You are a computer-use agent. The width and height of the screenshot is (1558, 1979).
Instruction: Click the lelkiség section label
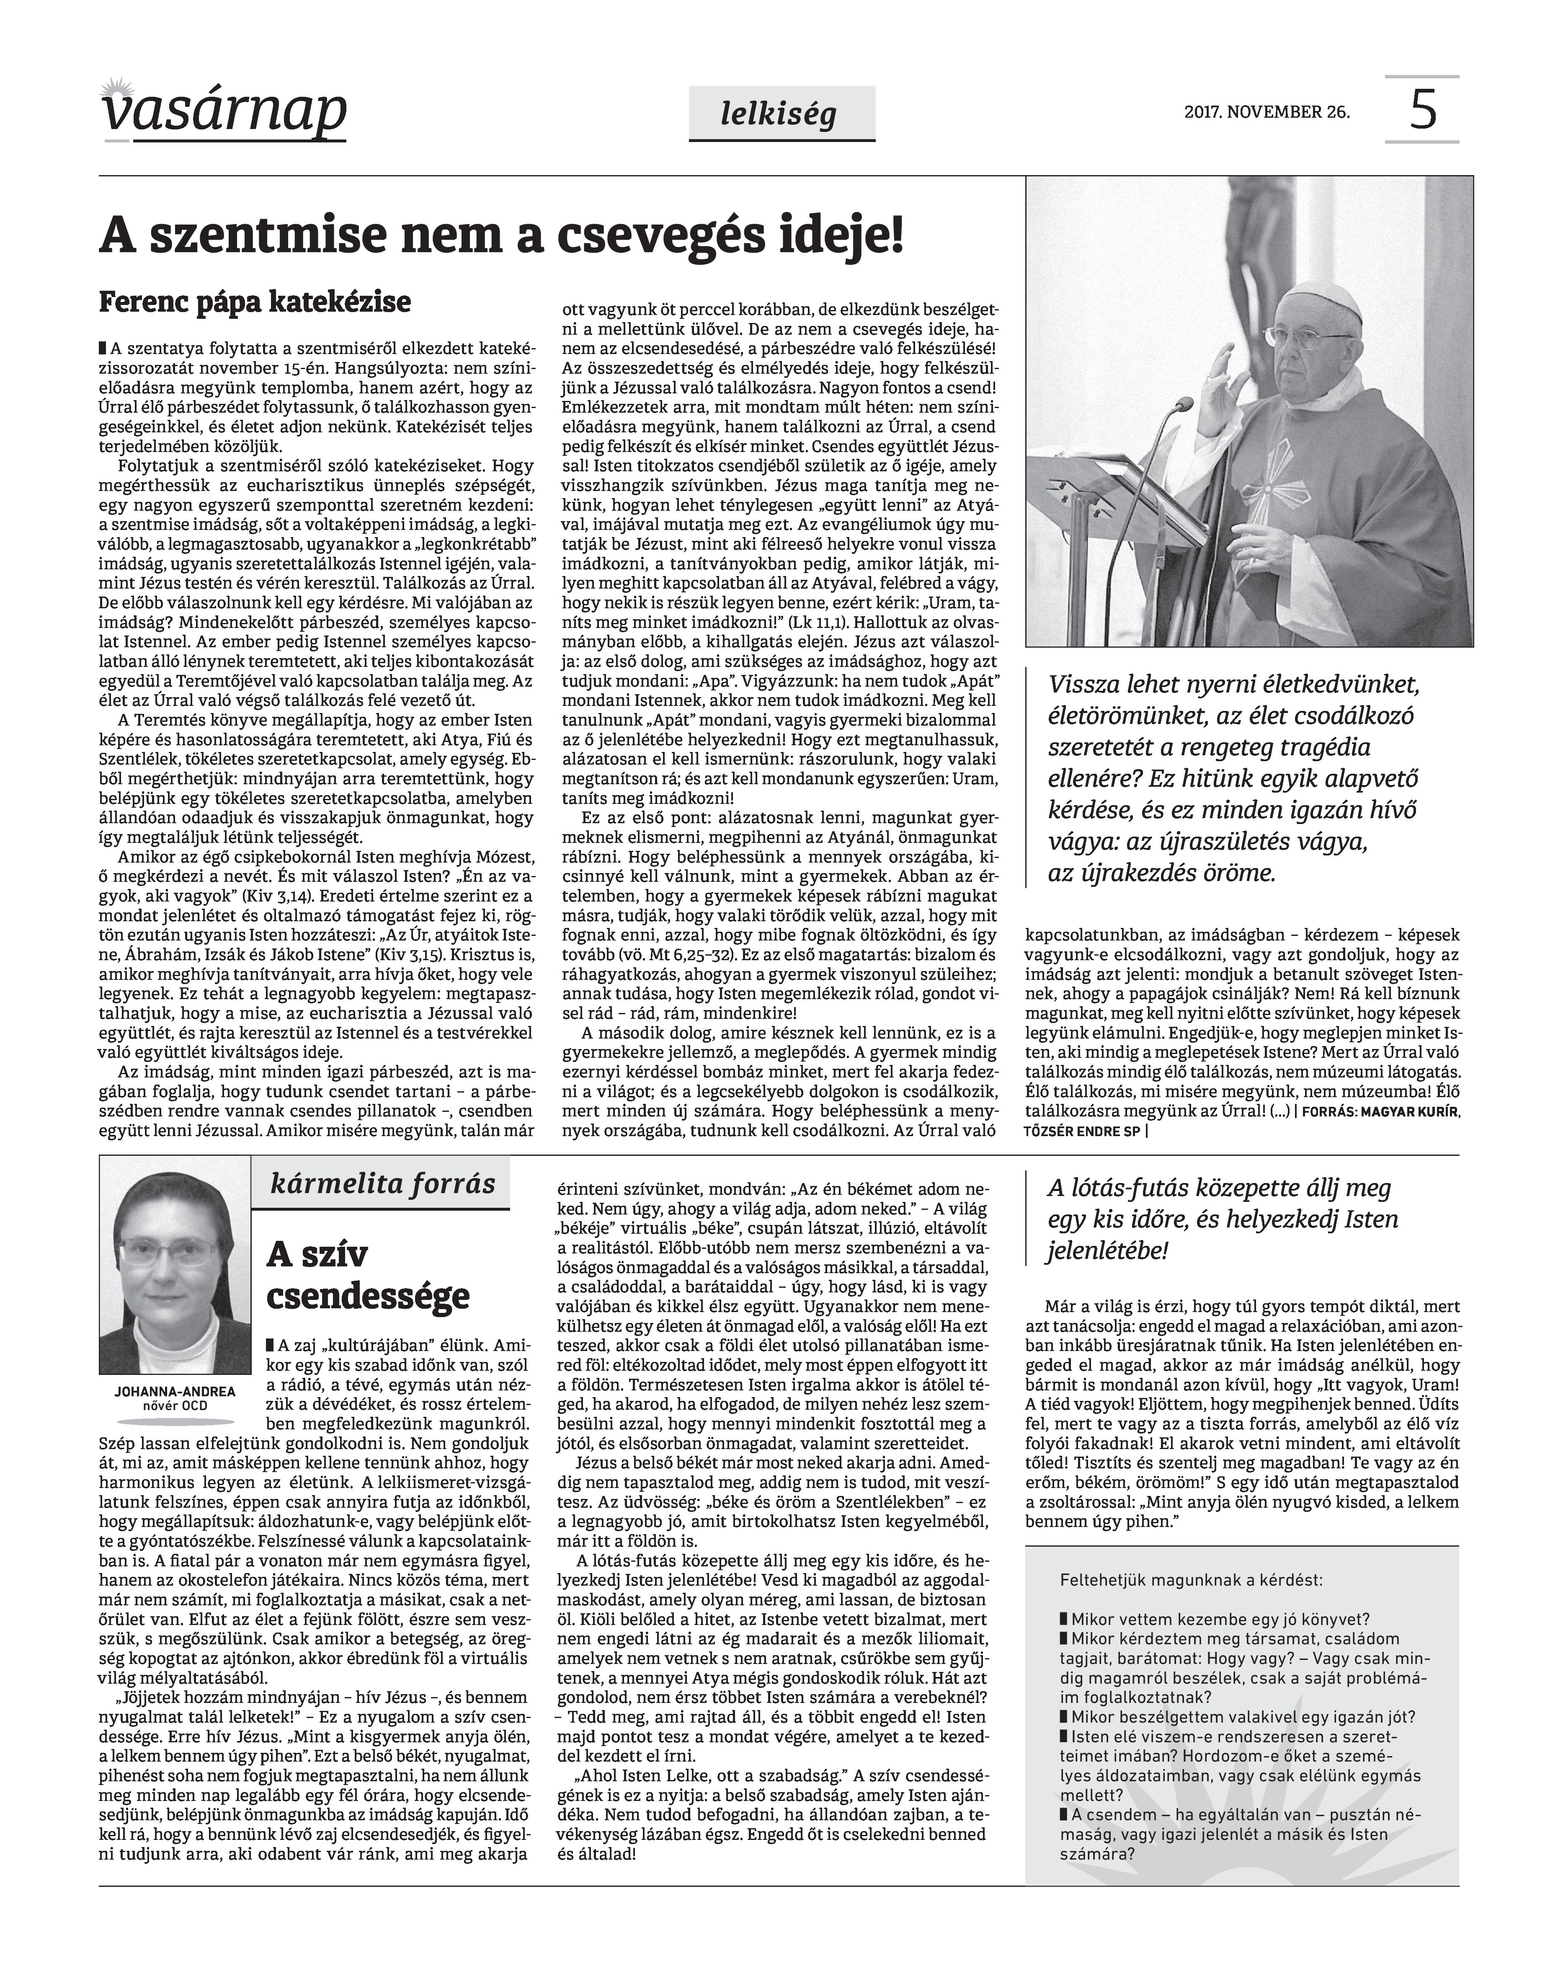pyautogui.click(x=781, y=114)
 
